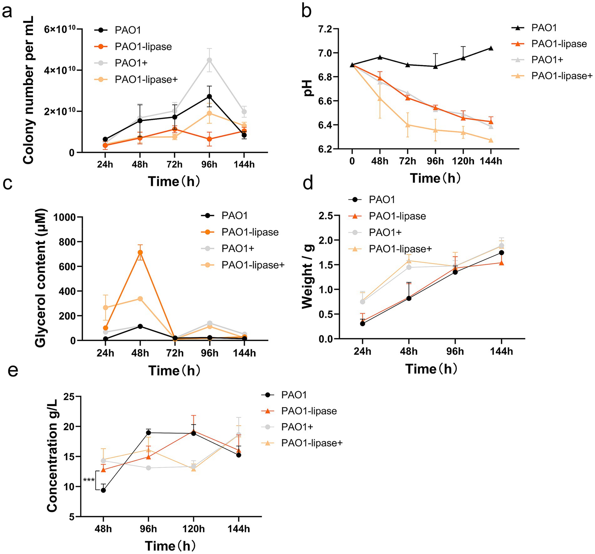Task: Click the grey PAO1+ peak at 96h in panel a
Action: point(209,60)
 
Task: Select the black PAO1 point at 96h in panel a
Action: point(209,96)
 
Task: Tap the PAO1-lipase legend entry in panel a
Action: point(143,47)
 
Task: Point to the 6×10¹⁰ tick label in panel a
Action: point(60,29)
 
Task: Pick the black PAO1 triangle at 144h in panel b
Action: point(491,48)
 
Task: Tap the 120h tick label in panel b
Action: point(463,161)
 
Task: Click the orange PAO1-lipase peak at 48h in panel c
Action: point(140,252)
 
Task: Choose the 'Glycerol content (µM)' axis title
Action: point(41,278)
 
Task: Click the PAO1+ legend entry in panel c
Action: point(238,249)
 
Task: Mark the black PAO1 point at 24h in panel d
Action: point(362,324)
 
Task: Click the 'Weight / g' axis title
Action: point(308,277)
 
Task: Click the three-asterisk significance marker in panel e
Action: point(89,480)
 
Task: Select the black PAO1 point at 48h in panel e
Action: point(103,490)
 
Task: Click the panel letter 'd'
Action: point(308,183)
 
